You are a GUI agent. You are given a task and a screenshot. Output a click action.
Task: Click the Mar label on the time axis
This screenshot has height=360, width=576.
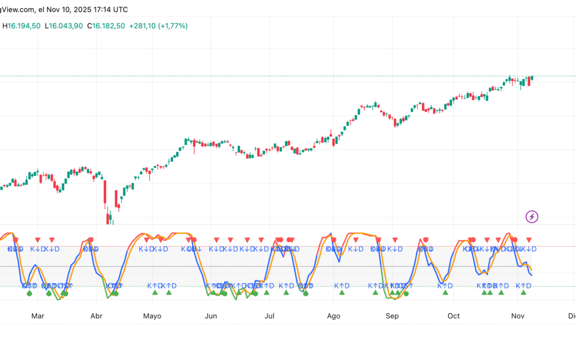(x=37, y=316)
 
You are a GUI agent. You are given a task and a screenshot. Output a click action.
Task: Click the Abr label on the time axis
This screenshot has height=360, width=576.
(x=97, y=316)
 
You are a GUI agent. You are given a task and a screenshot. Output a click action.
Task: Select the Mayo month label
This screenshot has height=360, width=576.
(x=153, y=316)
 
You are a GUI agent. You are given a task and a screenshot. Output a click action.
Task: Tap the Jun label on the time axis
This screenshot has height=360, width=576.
(x=211, y=316)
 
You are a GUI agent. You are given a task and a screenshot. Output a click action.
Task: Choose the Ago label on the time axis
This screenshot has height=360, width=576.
(x=333, y=316)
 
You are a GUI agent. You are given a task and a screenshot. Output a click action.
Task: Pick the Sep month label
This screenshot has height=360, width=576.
(x=392, y=316)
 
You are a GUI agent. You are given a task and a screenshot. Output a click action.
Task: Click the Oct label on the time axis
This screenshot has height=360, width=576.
(x=453, y=316)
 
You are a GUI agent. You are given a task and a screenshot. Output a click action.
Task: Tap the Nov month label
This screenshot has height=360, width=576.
(x=517, y=316)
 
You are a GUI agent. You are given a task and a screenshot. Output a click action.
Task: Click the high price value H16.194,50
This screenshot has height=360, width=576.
(x=21, y=26)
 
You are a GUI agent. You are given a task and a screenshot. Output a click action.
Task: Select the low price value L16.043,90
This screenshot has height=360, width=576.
(x=63, y=26)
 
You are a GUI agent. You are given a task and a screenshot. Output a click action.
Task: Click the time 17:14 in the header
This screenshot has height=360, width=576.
(x=102, y=10)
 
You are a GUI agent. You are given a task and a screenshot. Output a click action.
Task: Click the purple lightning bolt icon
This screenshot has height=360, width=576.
(x=532, y=217)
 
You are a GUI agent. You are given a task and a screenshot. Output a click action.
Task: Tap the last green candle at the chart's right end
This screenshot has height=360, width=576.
(x=532, y=78)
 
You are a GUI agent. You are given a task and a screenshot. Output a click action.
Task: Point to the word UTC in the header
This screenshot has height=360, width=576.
(x=121, y=10)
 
